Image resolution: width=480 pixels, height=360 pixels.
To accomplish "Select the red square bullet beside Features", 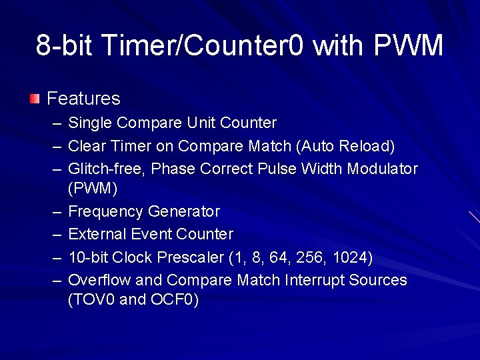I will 35,99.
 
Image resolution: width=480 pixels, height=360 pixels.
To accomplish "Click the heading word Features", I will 83,99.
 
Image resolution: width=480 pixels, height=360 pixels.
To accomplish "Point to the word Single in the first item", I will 91,123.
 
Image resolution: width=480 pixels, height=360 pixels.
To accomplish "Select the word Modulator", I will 382,169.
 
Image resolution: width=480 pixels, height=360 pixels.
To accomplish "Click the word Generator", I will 183,212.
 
